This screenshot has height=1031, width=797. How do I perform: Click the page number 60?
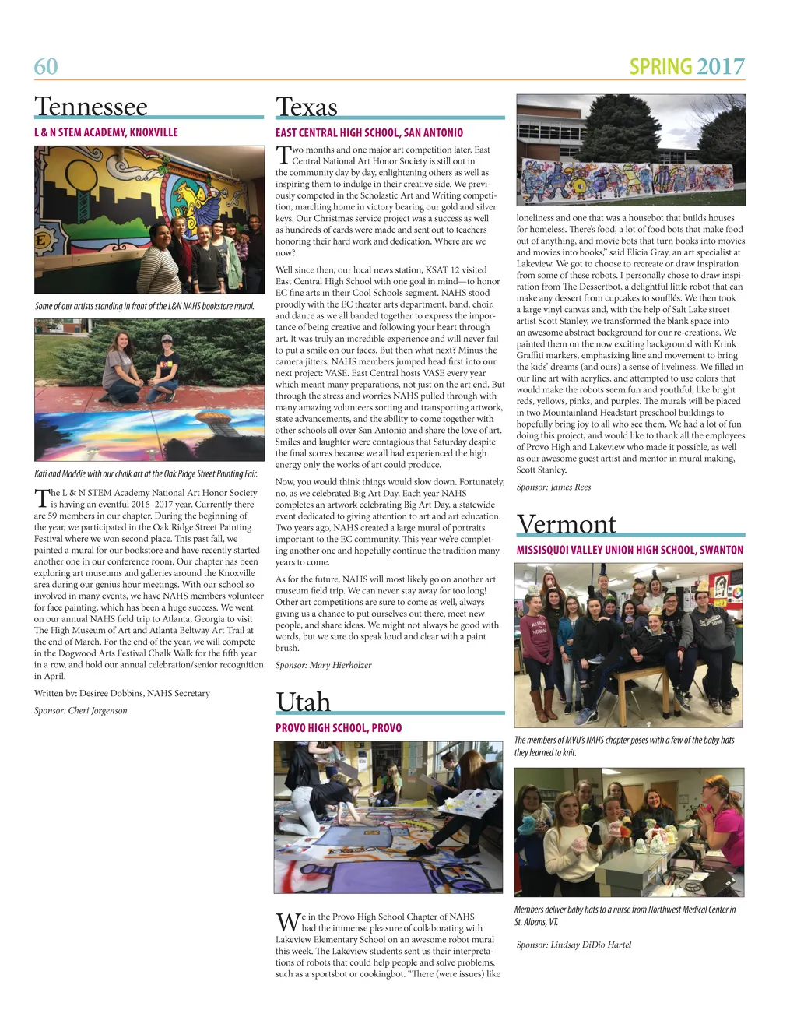46,67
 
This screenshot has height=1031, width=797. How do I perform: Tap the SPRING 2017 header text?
686,67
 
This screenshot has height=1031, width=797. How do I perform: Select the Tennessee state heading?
91,107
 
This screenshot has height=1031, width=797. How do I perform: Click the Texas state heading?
307,107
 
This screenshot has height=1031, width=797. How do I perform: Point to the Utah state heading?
304,702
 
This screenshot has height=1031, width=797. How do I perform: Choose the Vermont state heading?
567,524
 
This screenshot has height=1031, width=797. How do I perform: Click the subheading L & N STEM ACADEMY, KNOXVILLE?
106,132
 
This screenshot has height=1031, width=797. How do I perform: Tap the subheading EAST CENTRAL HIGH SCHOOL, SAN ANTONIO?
369,133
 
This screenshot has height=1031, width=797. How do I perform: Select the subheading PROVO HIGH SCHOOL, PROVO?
339,728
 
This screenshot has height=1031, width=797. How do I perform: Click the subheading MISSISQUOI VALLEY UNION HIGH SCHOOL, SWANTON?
630,550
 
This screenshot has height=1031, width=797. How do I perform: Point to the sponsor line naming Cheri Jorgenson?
81,710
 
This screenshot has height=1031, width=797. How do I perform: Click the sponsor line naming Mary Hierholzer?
323,665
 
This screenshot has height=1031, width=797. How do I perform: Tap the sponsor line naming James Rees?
553,487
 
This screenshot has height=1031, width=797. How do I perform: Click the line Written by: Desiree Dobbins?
122,693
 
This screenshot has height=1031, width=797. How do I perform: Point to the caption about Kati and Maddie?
146,473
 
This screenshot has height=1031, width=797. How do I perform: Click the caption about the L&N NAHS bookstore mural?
145,306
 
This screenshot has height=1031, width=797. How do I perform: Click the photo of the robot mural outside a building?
630,150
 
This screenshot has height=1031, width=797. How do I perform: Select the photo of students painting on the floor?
388,817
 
